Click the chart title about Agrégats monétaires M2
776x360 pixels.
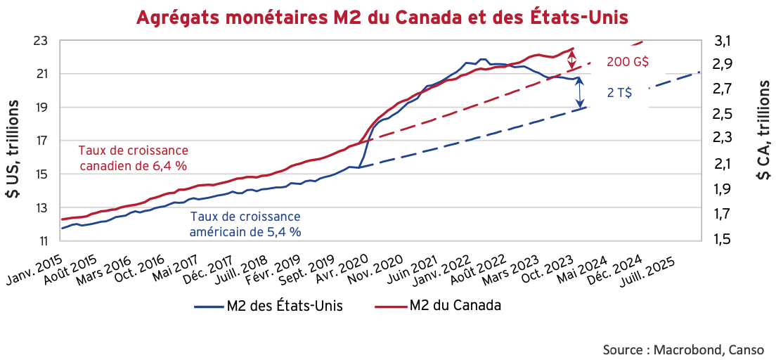click(387, 15)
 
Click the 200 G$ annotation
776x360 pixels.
click(627, 62)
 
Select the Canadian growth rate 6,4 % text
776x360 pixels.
click(134, 157)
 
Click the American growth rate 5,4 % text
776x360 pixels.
click(245, 223)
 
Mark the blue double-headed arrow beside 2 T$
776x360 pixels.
click(580, 92)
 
